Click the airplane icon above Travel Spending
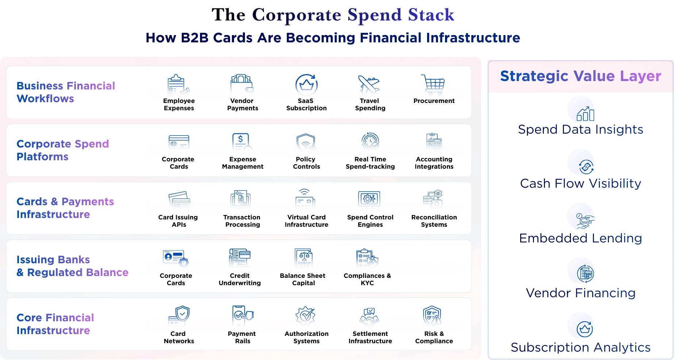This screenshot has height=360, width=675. click(369, 85)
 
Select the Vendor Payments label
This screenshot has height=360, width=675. click(242, 104)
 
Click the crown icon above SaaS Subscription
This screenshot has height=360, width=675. click(306, 85)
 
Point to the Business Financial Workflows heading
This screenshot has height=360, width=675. click(66, 92)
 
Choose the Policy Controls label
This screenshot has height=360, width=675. click(306, 163)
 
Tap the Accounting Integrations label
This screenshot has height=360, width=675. click(434, 163)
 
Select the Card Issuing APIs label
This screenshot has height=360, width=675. click(178, 221)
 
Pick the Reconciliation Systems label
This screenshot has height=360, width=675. click(434, 221)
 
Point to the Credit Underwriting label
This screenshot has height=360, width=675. click(239, 279)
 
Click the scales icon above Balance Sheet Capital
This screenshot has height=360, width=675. click(304, 258)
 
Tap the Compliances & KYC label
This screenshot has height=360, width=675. click(367, 279)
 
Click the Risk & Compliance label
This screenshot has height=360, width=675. click(434, 337)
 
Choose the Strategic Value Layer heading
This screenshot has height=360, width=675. click(580, 76)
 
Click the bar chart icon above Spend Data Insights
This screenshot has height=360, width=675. click(585, 114)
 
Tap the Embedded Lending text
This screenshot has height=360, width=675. click(580, 238)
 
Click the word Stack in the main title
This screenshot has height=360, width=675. click(431, 15)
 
